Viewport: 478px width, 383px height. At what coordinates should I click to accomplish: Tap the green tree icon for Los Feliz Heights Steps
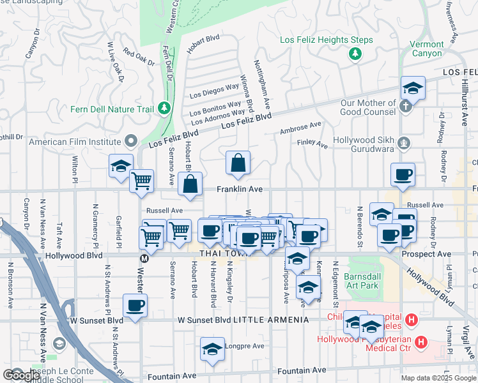point(355,54)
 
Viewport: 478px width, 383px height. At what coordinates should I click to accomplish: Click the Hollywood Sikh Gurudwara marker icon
point(403,142)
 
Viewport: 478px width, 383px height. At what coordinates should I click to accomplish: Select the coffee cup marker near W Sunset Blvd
point(135,305)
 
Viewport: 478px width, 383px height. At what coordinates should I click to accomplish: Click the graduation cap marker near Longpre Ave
point(212,350)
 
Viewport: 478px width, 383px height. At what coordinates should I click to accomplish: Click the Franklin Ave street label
point(240,190)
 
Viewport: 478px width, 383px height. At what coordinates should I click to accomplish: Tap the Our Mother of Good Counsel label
point(367,107)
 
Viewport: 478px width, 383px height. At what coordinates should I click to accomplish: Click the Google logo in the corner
point(22,375)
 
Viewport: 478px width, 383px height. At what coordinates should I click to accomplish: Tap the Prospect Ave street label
point(427,253)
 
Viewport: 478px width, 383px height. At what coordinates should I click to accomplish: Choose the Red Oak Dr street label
point(139,57)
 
